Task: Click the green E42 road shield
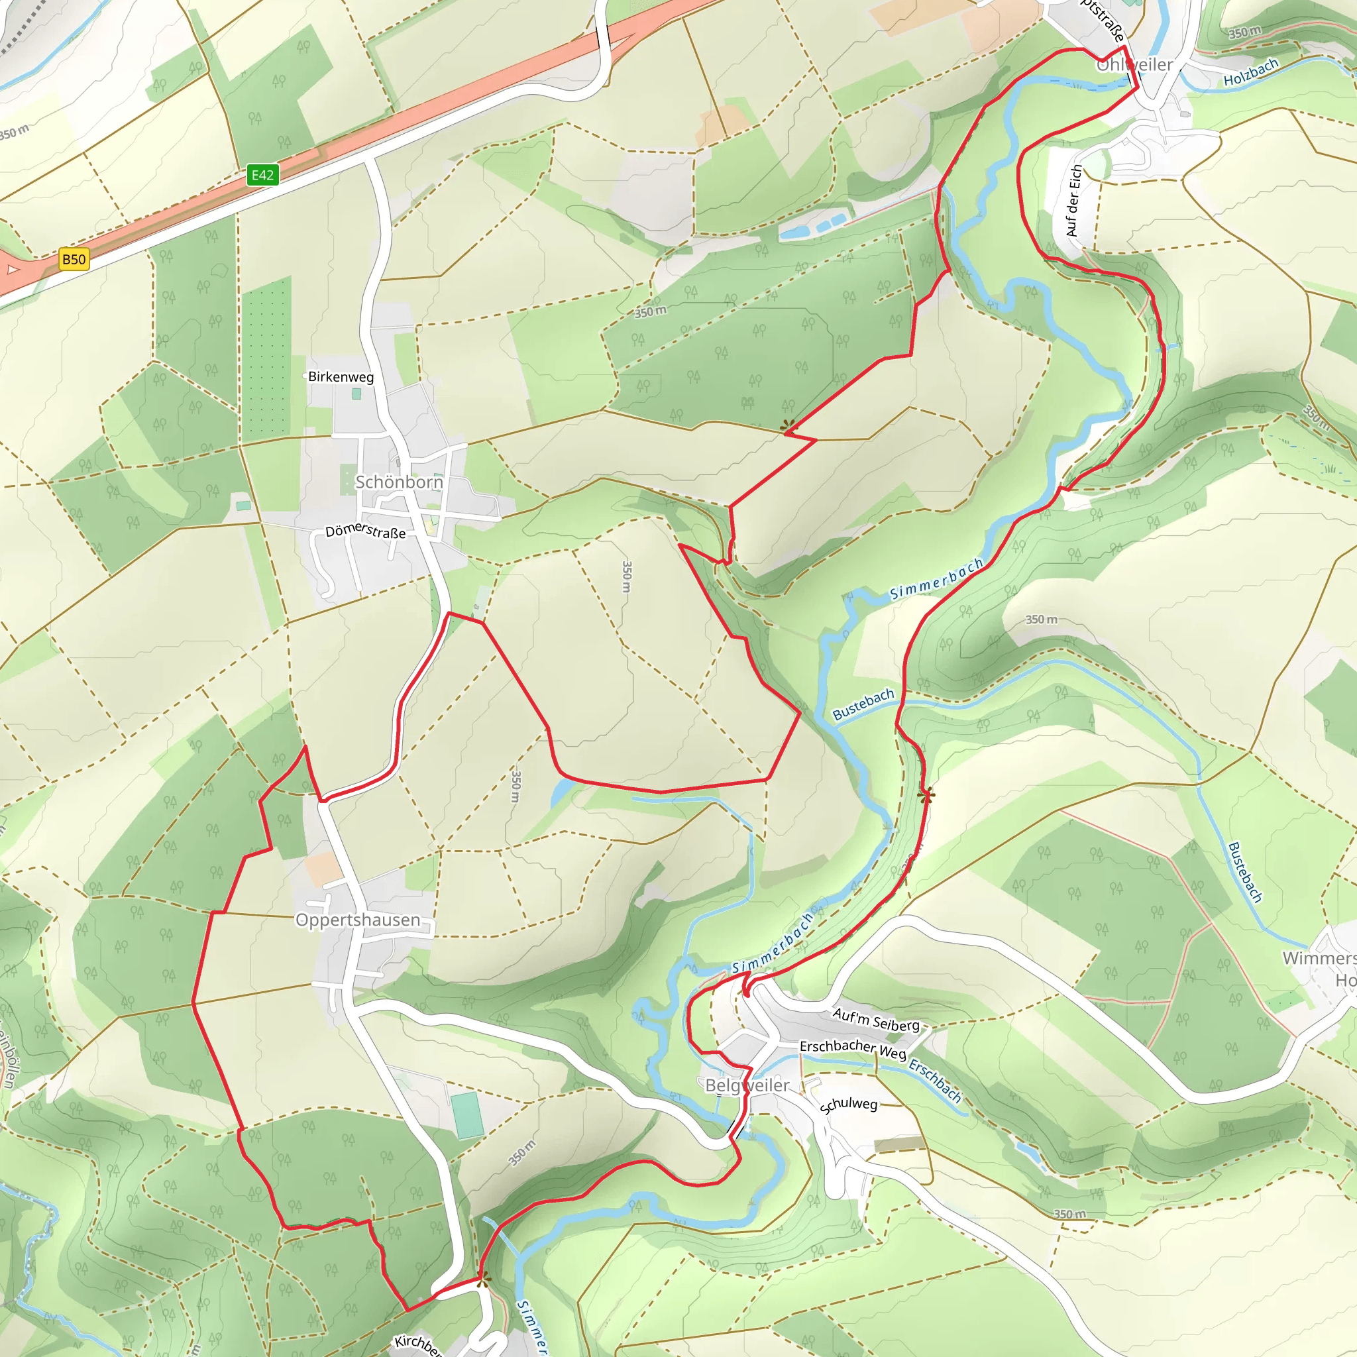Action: (262, 175)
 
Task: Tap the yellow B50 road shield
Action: (74, 259)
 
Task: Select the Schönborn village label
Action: (399, 482)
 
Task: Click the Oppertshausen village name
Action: (358, 920)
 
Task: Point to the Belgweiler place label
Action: (747, 1085)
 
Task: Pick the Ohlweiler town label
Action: (1134, 65)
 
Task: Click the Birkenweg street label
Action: (341, 376)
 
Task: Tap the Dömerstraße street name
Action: (365, 530)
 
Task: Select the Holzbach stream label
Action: (1250, 72)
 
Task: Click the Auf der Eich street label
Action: (1072, 201)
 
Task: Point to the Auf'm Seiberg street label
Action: (876, 1019)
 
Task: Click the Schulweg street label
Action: (849, 1104)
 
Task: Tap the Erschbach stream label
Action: (935, 1081)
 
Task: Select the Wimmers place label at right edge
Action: (1319, 958)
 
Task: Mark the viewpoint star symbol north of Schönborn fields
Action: (788, 425)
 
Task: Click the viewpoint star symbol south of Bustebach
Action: (926, 795)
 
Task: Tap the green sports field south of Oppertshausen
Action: (467, 1114)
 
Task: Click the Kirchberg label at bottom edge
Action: (417, 1343)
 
